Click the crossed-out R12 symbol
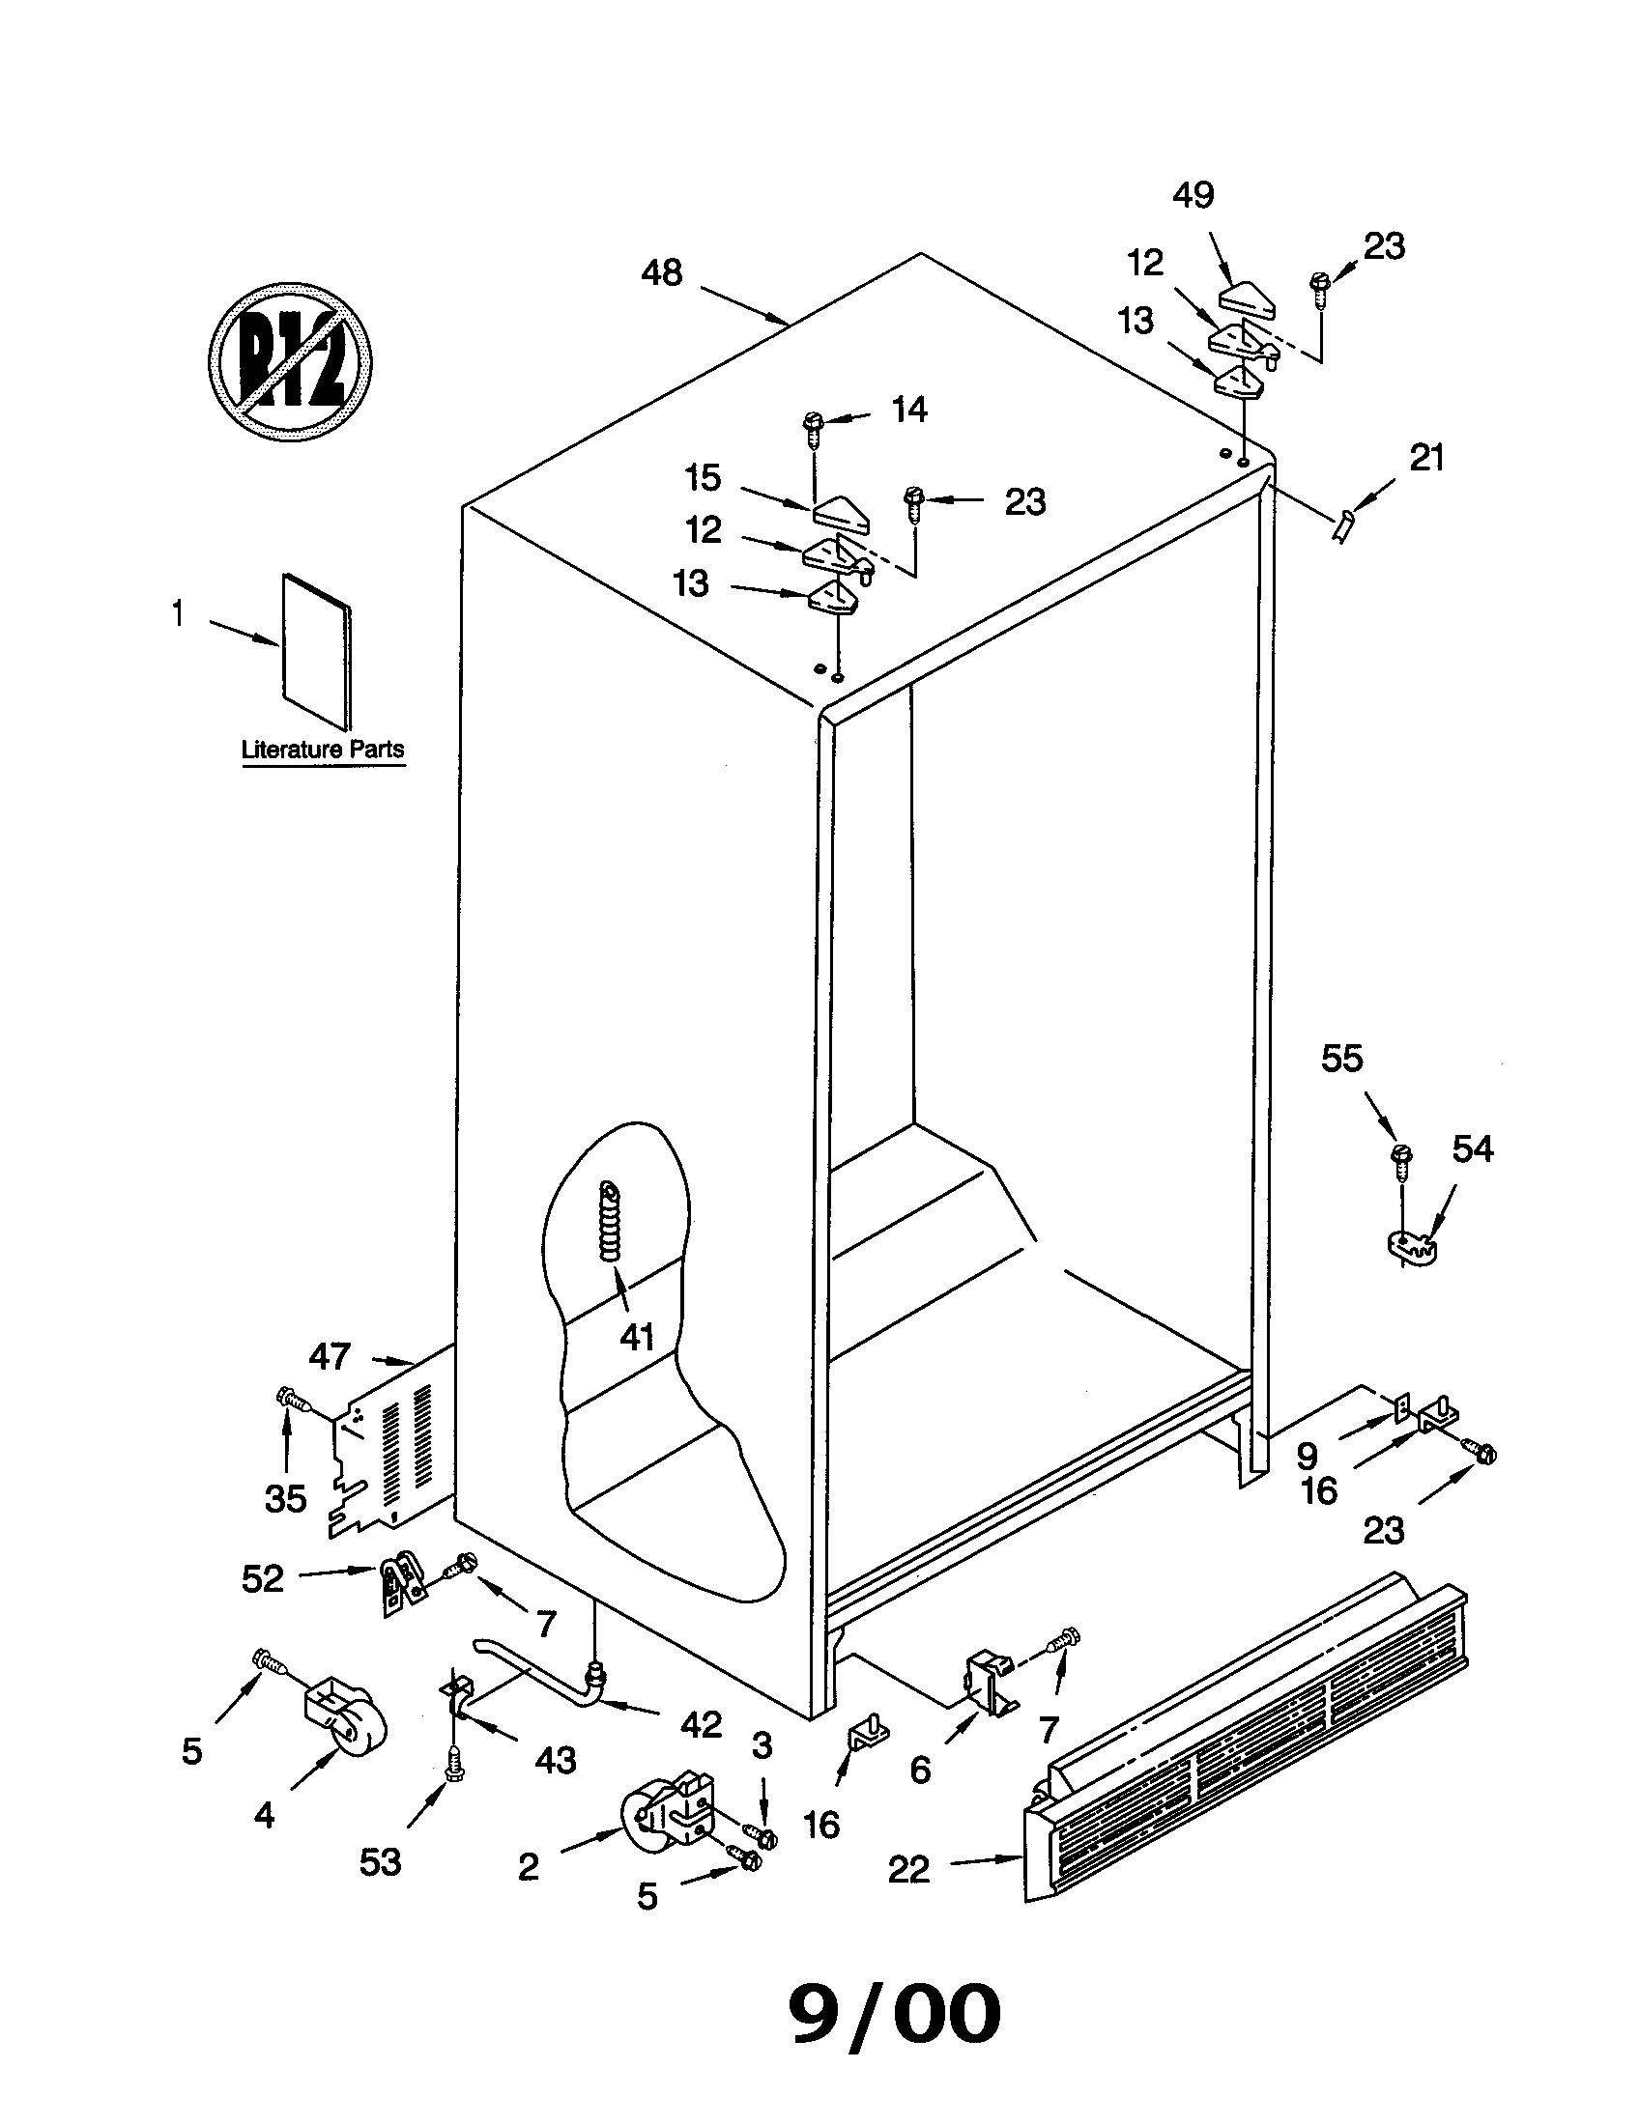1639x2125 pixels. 291,362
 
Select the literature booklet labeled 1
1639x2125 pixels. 316,650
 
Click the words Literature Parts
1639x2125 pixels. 322,751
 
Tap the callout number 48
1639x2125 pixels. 662,273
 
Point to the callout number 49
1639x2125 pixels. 1193,195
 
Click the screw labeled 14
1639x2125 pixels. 812,426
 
